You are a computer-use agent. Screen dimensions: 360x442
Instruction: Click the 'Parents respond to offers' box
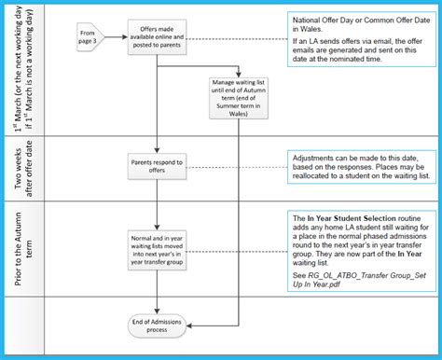pos(159,165)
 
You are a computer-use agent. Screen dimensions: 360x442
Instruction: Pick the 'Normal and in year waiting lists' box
pos(159,249)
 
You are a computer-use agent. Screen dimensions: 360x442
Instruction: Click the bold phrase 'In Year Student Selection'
pos(355,216)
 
